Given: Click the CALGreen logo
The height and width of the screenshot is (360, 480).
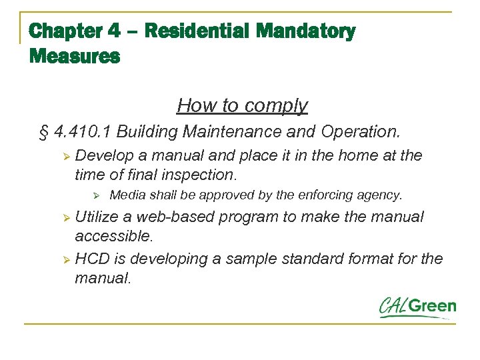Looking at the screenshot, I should (418, 307).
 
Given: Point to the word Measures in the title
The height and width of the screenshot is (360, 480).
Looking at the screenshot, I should (75, 56).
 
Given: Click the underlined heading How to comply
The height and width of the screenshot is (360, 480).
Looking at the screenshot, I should (242, 105).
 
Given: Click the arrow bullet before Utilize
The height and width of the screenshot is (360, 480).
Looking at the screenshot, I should (65, 218).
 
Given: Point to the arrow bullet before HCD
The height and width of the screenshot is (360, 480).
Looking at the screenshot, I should (65, 259).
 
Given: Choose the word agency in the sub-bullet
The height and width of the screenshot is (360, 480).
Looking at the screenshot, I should (382, 195).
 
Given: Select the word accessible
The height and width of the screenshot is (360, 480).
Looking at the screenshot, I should (113, 236).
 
